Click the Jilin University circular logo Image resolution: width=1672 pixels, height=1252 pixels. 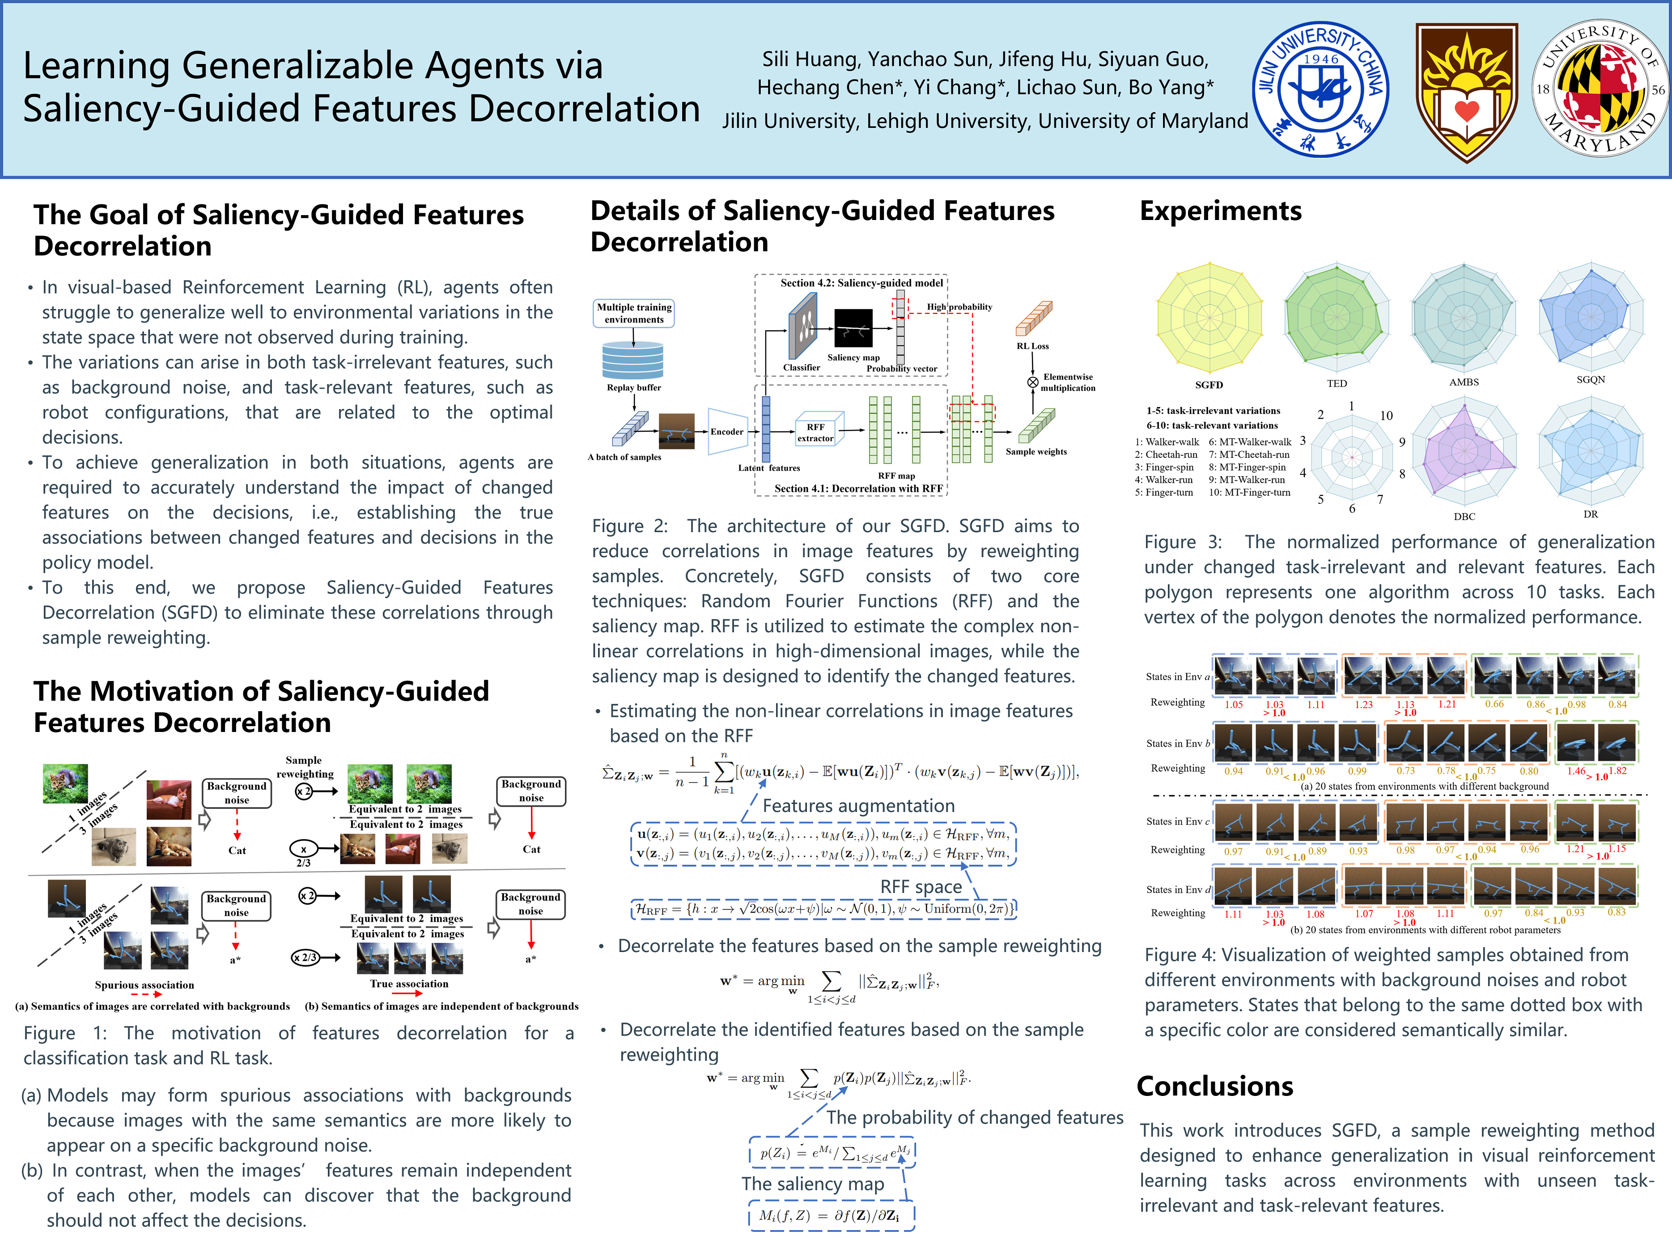pos(1320,89)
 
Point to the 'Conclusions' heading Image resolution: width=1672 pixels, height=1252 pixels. pos(1215,1086)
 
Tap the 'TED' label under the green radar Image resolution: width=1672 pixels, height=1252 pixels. pos(1337,383)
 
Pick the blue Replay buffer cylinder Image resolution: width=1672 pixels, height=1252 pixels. pos(632,360)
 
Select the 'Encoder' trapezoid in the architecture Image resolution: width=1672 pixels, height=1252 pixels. pos(726,431)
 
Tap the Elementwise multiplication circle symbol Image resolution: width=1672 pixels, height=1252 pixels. pos(1032,382)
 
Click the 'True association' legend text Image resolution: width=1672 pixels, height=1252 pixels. pos(409,984)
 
